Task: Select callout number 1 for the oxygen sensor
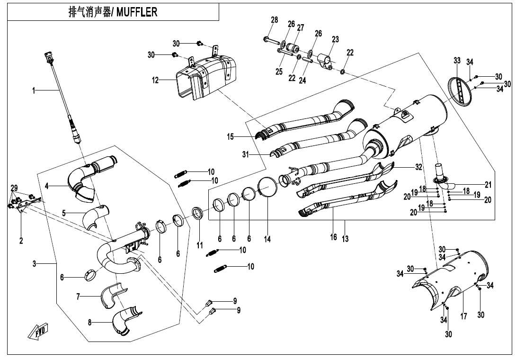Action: point(34,90)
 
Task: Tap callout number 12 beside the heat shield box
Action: point(155,80)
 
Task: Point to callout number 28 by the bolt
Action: point(274,19)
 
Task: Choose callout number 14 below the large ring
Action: point(267,239)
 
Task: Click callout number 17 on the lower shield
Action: point(463,316)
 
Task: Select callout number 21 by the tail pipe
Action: point(488,184)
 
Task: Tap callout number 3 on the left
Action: point(34,264)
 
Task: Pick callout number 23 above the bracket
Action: point(335,40)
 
